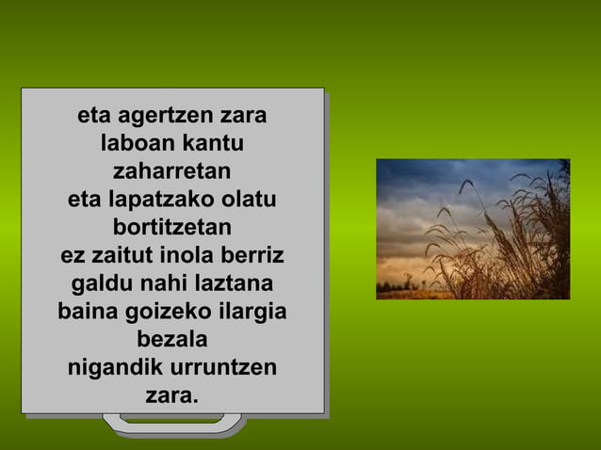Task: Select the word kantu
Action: [x=213, y=146]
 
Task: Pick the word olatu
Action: [x=247, y=201]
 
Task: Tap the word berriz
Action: [x=253, y=256]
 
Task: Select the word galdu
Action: [x=99, y=283]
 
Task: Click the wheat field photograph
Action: [x=473, y=229]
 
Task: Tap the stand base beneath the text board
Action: [x=175, y=427]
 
